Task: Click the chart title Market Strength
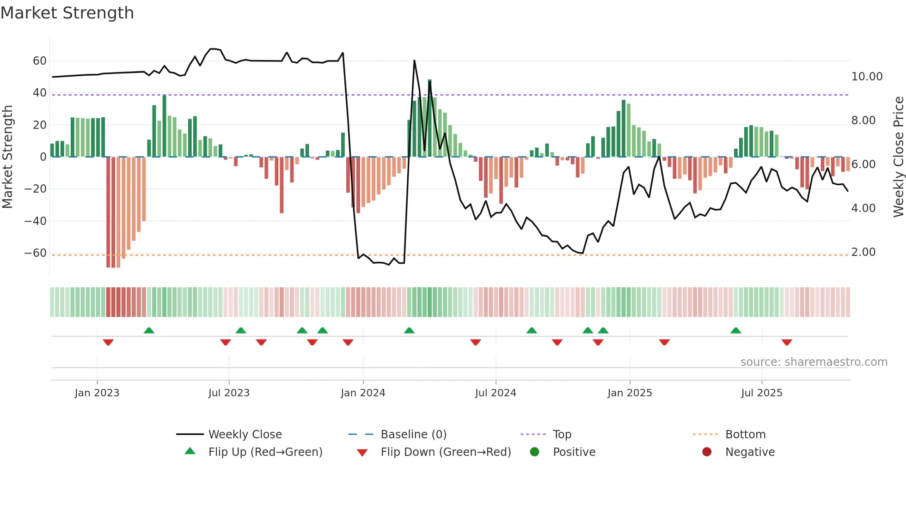coord(67,13)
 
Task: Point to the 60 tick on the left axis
coord(40,61)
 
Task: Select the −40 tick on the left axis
coord(36,221)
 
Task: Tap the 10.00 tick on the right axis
coord(867,77)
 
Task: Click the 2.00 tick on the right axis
coord(863,252)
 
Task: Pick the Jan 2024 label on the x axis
coord(363,393)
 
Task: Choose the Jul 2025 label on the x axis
coord(761,393)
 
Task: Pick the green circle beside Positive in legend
coord(534,452)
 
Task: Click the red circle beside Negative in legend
coord(707,452)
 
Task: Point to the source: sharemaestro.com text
coord(814,362)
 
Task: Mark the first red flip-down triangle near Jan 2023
coord(108,342)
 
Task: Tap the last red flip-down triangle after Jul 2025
coord(787,342)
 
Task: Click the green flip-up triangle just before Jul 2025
coord(736,330)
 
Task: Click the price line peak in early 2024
coord(414,61)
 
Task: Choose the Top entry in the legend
coord(562,435)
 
